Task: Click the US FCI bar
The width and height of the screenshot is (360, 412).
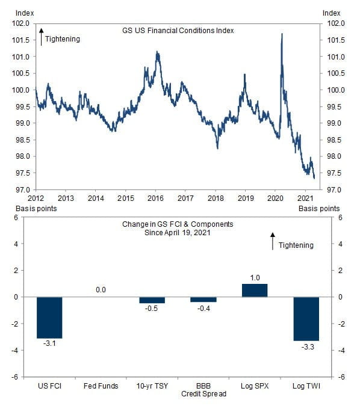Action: tap(49, 318)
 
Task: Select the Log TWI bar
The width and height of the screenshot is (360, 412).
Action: tap(306, 319)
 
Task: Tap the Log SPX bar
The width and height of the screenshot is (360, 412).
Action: tap(255, 291)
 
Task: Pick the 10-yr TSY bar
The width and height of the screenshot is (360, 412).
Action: tap(152, 300)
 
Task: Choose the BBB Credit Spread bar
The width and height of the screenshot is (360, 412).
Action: tap(203, 300)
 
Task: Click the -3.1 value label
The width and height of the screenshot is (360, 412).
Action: tap(49, 343)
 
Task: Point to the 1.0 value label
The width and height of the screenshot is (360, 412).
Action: tap(255, 278)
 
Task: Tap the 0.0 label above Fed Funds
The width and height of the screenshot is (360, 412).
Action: tap(101, 290)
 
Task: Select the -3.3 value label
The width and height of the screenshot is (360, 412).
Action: tap(308, 347)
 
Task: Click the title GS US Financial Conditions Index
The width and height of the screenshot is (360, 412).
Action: tap(178, 31)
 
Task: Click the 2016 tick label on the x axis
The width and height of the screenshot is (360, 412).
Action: tap(155, 198)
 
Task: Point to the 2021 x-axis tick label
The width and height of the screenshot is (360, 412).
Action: tap(305, 198)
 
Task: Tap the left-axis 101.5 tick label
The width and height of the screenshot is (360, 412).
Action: tap(20, 40)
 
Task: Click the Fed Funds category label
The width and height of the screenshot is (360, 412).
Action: tap(101, 386)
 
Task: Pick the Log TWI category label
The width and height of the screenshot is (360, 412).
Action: tap(306, 386)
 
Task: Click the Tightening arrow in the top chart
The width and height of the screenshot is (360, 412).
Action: tap(42, 37)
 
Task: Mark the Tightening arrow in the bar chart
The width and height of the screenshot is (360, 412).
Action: tap(273, 241)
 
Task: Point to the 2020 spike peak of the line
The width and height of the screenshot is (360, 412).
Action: tap(282, 34)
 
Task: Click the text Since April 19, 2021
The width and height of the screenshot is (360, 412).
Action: tap(178, 233)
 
